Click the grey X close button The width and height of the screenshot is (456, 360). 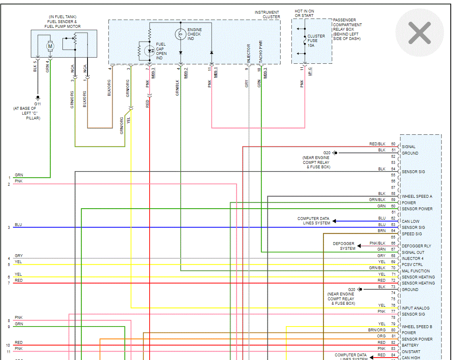[420, 33]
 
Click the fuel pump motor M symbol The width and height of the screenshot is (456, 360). [50, 46]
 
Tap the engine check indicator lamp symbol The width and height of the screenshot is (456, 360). [180, 34]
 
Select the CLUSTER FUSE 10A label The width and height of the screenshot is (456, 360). [316, 41]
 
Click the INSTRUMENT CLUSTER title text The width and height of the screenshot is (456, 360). [267, 15]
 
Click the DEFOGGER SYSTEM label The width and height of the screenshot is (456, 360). [344, 246]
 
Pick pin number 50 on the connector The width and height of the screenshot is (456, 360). [393, 144]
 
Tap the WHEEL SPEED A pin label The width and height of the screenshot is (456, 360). [417, 197]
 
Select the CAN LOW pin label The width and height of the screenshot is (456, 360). [410, 222]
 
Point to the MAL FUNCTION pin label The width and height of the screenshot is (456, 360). [416, 271]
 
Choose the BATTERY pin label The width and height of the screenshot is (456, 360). [410, 345]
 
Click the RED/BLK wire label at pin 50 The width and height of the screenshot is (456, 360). [377, 144]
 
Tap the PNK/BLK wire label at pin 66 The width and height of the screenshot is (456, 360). [377, 243]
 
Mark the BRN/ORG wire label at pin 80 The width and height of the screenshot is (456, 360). [377, 330]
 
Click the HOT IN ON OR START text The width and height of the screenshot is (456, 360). [304, 13]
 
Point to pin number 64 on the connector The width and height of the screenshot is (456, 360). [393, 231]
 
